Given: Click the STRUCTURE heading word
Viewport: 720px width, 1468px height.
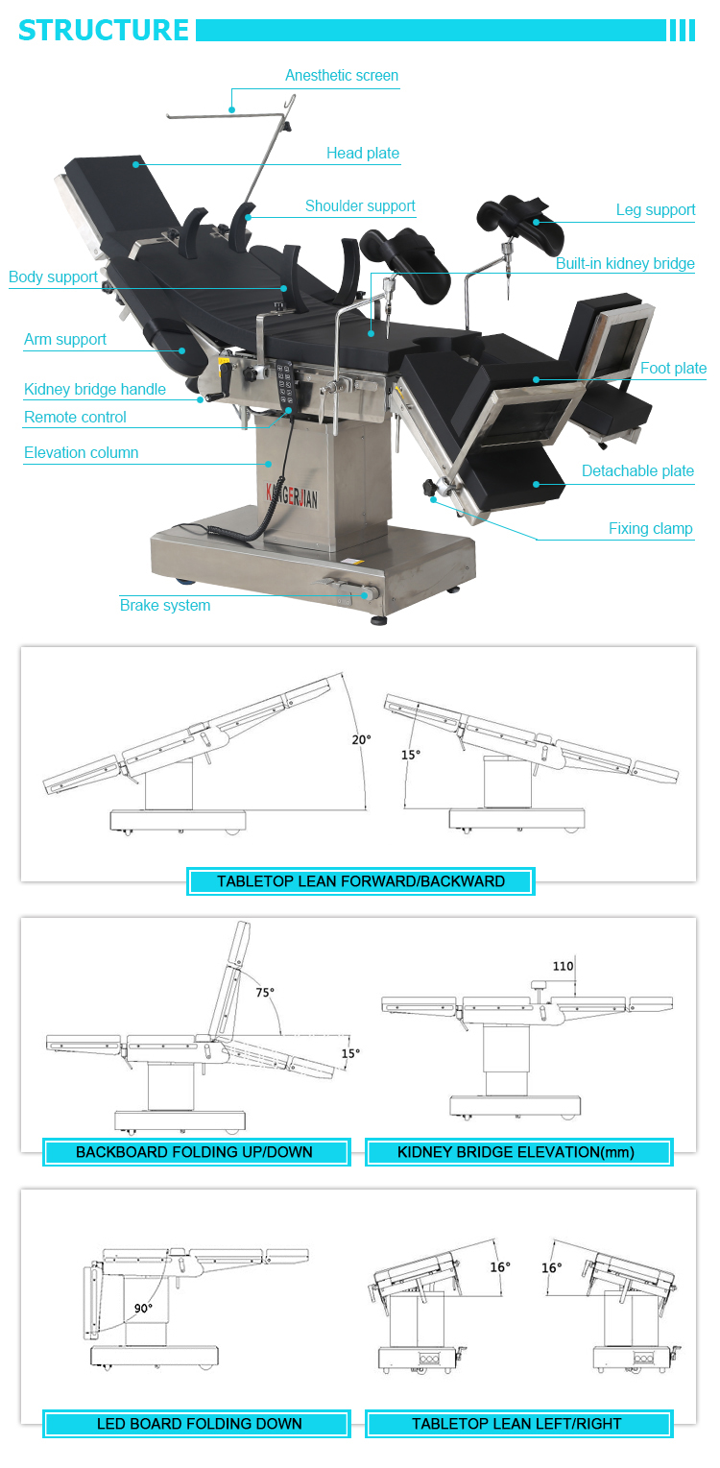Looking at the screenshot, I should (104, 30).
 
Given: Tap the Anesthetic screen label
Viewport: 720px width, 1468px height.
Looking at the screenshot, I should (342, 76).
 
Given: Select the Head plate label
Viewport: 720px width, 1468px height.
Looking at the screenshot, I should (363, 154).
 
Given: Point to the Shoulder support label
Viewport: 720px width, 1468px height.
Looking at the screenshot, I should (360, 206).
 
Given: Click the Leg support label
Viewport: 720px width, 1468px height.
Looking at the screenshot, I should (656, 210).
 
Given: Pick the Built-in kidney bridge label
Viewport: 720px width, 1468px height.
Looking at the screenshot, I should (625, 264).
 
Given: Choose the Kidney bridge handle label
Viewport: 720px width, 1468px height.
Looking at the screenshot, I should (95, 390).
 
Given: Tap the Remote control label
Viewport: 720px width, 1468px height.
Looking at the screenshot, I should (75, 418).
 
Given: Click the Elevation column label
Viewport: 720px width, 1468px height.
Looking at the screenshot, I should (82, 453).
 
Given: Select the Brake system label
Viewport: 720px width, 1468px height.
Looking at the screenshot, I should (165, 606).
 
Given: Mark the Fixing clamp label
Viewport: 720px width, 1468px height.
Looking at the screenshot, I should (651, 529).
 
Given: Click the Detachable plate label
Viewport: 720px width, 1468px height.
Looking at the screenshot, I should (637, 471).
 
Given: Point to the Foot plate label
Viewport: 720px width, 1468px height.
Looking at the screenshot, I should (674, 369).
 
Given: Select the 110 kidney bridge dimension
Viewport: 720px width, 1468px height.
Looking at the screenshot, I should (563, 967).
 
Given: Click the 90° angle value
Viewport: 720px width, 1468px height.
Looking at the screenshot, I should (144, 1308).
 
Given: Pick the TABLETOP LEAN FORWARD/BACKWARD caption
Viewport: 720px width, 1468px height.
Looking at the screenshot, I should (361, 881).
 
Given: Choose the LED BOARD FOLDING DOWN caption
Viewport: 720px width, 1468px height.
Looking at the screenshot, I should (200, 1424).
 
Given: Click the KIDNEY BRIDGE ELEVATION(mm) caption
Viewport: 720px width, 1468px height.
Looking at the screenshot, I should (516, 1152).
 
